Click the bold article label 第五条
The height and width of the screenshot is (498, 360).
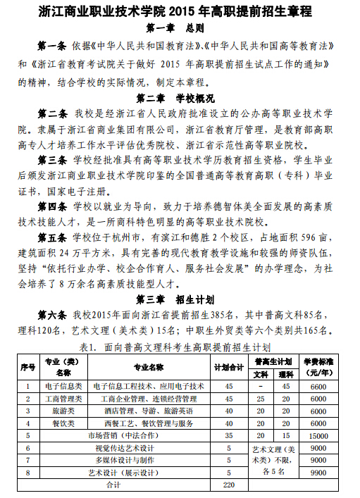[x=53, y=234]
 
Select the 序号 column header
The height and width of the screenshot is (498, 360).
[x=28, y=367]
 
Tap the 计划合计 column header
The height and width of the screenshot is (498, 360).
[x=228, y=367]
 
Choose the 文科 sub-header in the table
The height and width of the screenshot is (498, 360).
[x=261, y=373]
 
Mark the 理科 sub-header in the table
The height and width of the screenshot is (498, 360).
[x=286, y=373]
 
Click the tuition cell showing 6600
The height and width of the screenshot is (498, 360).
[x=318, y=386]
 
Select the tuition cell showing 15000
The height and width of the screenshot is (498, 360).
[x=318, y=436]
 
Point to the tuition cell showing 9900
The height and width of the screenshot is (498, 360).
[x=318, y=473]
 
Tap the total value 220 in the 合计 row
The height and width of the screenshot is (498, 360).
[x=228, y=485]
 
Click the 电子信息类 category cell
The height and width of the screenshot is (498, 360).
[x=63, y=386]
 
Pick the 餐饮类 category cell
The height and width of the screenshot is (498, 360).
[x=63, y=423]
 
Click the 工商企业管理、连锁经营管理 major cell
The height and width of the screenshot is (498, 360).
[x=149, y=399]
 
